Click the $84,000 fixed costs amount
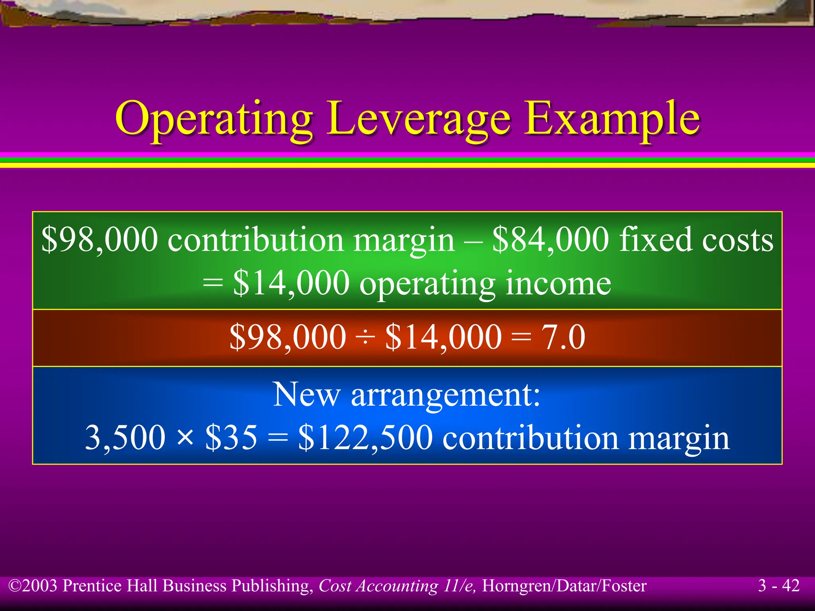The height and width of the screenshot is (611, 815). (x=551, y=239)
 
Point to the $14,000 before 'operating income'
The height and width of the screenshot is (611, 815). (x=291, y=283)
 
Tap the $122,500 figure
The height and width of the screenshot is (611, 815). (x=365, y=438)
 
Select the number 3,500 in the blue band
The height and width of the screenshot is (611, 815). (x=125, y=438)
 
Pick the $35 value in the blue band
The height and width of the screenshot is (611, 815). (x=231, y=438)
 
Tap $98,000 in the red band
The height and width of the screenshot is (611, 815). (x=288, y=337)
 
